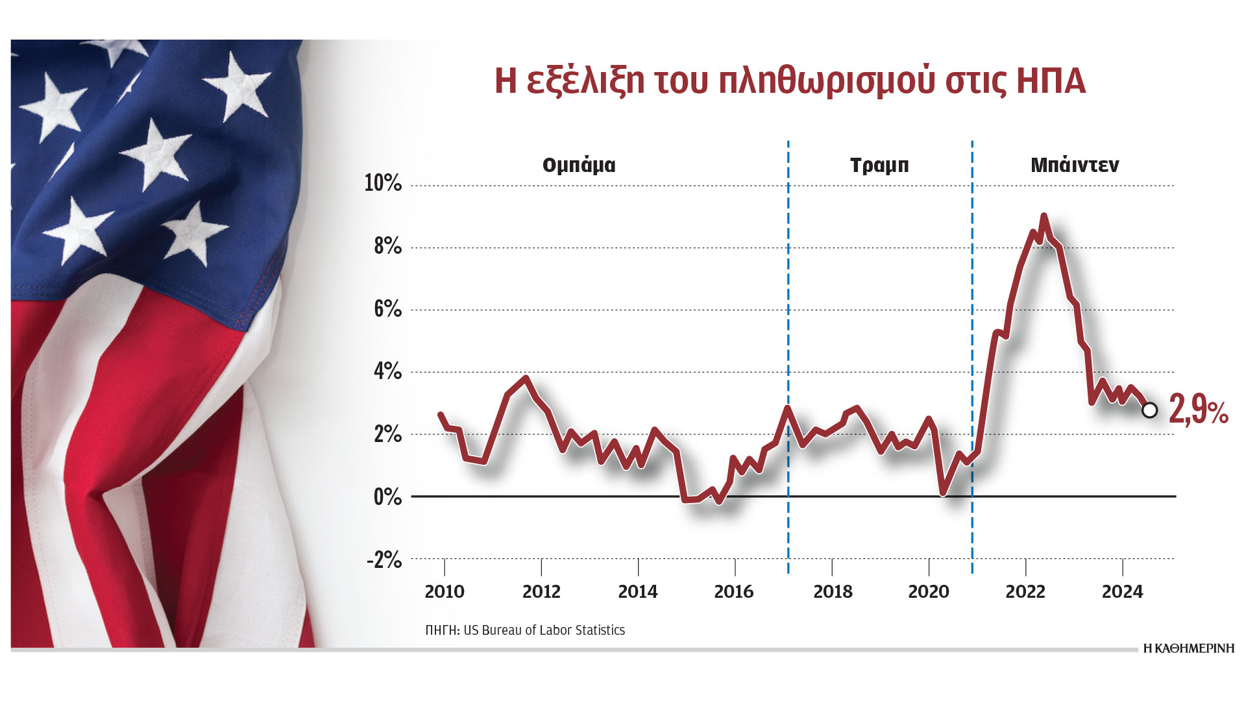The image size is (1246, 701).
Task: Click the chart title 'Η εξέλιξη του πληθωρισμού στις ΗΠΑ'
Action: coord(790,82)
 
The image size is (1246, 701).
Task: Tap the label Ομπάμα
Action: coord(579,166)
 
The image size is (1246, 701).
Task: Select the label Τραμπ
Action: coord(879,166)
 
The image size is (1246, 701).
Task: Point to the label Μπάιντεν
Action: coord(1075,166)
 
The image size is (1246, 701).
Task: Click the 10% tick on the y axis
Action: coord(383,184)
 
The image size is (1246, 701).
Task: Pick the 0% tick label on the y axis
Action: coord(387,497)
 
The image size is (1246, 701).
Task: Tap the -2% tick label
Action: coord(384,560)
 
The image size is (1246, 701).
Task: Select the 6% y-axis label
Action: coord(387,310)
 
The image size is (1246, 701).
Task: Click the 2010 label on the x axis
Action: coord(445,591)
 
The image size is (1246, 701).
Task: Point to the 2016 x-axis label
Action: coord(734,591)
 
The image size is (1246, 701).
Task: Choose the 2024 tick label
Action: coord(1122,591)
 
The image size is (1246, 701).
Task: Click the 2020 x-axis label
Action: coord(929,591)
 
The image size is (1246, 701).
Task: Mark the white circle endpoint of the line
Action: coord(1149,410)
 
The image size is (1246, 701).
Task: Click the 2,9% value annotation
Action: coord(1198,411)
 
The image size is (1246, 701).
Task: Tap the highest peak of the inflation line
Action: coord(1044,216)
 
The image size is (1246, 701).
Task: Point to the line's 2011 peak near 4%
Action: coord(526,378)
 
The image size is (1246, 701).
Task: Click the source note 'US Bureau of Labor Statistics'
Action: coord(544,630)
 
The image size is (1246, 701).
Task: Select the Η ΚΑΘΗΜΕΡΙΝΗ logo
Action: coord(1188,648)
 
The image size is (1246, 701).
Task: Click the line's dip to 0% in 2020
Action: coord(943,493)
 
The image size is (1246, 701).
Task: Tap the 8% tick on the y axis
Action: coord(387,247)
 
